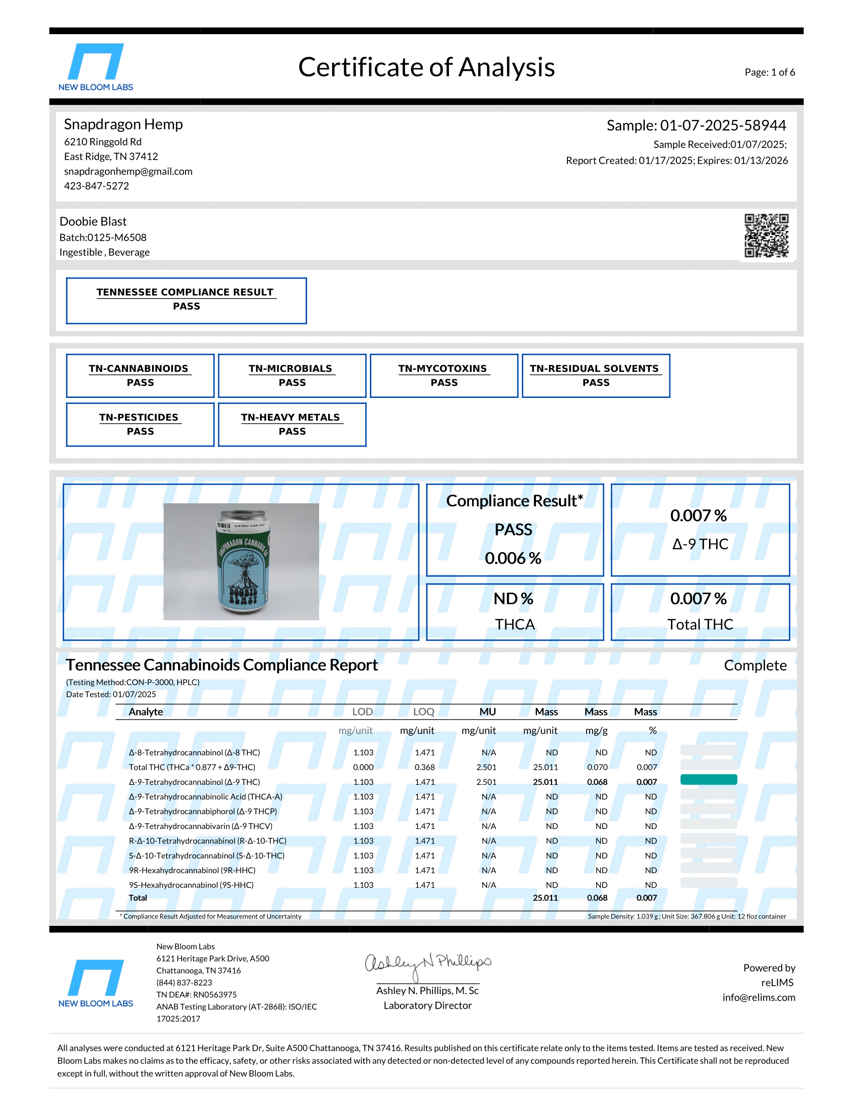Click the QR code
pyautogui.click(x=766, y=235)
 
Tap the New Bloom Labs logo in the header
pyautogui.click(x=96, y=67)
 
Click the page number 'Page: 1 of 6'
pyautogui.click(x=769, y=72)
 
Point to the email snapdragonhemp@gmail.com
pyautogui.click(x=128, y=171)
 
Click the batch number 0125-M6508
pyautogui.click(x=117, y=237)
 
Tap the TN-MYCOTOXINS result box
pyautogui.click(x=444, y=375)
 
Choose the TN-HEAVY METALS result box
pyautogui.click(x=292, y=425)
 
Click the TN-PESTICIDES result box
pyautogui.click(x=140, y=425)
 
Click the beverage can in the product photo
pyautogui.click(x=243, y=562)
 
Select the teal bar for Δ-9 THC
pyautogui.click(x=708, y=779)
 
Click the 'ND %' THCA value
pyautogui.click(x=513, y=599)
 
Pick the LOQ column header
pyautogui.click(x=423, y=712)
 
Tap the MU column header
pyautogui.click(x=487, y=712)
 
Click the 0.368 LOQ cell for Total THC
pyautogui.click(x=424, y=767)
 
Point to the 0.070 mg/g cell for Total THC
pyautogui.click(x=597, y=767)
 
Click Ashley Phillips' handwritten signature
pyautogui.click(x=428, y=964)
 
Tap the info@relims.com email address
pyautogui.click(x=759, y=997)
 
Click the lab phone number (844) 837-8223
pyautogui.click(x=184, y=983)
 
